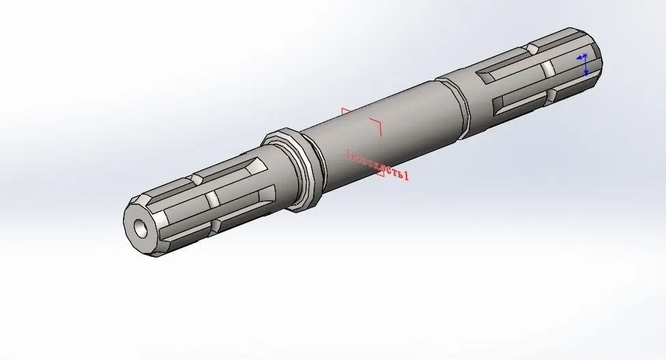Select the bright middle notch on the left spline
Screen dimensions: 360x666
pos(212,199)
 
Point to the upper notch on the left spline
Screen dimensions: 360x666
pos(193,179)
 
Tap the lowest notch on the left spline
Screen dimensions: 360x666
pos(216,225)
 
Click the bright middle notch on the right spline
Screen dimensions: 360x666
pos(548,69)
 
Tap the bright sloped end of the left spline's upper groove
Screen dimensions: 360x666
pos(258,166)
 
